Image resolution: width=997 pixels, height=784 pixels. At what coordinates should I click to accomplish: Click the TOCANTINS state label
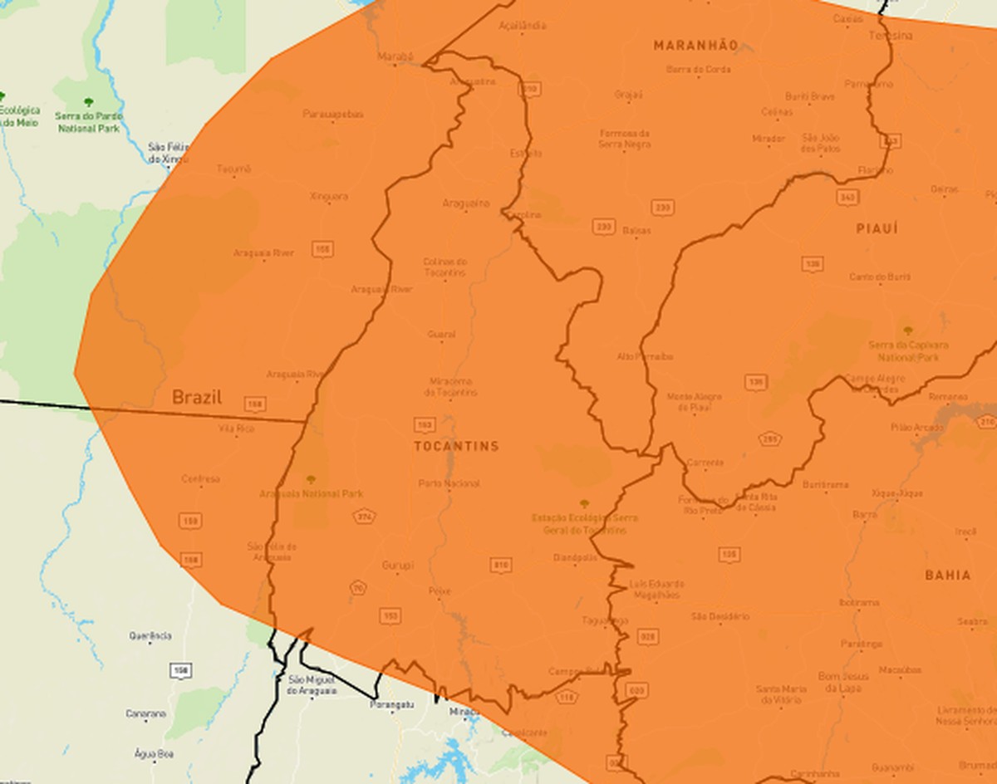(x=456, y=446)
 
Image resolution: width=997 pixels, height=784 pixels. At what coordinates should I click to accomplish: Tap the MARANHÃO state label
(x=695, y=45)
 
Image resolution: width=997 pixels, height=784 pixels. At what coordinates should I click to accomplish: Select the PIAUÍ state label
(x=877, y=228)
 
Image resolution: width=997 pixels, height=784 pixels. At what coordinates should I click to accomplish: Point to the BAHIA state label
(x=947, y=575)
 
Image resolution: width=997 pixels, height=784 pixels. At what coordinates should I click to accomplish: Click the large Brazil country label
(x=197, y=397)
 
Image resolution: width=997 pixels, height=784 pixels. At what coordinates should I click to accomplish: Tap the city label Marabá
(x=395, y=56)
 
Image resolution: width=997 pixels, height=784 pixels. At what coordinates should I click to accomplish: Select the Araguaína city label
(x=465, y=203)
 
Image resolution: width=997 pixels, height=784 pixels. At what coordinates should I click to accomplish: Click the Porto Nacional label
(x=449, y=483)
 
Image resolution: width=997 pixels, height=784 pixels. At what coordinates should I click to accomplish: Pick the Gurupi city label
(x=397, y=566)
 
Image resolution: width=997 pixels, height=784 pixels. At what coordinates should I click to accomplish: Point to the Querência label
(x=150, y=636)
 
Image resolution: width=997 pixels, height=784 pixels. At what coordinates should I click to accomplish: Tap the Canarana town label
(x=145, y=713)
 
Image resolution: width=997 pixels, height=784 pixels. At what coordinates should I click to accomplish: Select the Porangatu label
(x=391, y=704)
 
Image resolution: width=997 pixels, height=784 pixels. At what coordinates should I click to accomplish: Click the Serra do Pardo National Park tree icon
(x=88, y=101)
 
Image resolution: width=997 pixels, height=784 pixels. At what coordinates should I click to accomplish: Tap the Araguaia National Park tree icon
(x=311, y=479)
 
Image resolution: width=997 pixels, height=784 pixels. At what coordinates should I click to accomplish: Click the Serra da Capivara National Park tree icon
(x=907, y=330)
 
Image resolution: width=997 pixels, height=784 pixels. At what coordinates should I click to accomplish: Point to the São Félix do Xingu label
(x=168, y=152)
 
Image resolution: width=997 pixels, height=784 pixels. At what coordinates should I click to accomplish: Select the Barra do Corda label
(x=698, y=70)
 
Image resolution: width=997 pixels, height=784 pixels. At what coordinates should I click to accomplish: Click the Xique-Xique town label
(x=897, y=493)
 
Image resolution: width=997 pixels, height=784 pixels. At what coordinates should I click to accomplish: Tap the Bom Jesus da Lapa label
(x=843, y=682)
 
